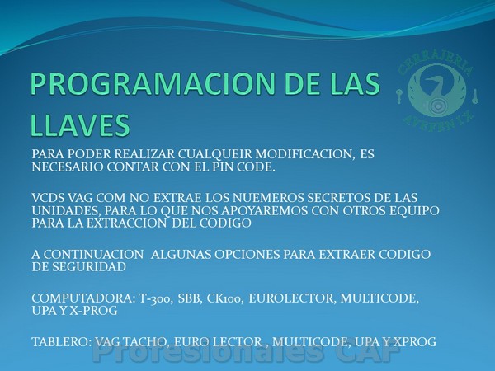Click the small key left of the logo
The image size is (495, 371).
pyautogui.click(x=399, y=96)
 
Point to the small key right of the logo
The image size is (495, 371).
pyautogui.click(x=474, y=96)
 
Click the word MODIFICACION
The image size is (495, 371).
pyautogui.click(x=304, y=154)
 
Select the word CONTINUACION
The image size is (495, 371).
pyautogui.click(x=93, y=254)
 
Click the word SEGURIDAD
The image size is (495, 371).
pyautogui.click(x=89, y=266)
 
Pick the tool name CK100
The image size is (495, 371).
pyautogui.click(x=224, y=298)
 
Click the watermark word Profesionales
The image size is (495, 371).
pyautogui.click(x=208, y=352)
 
